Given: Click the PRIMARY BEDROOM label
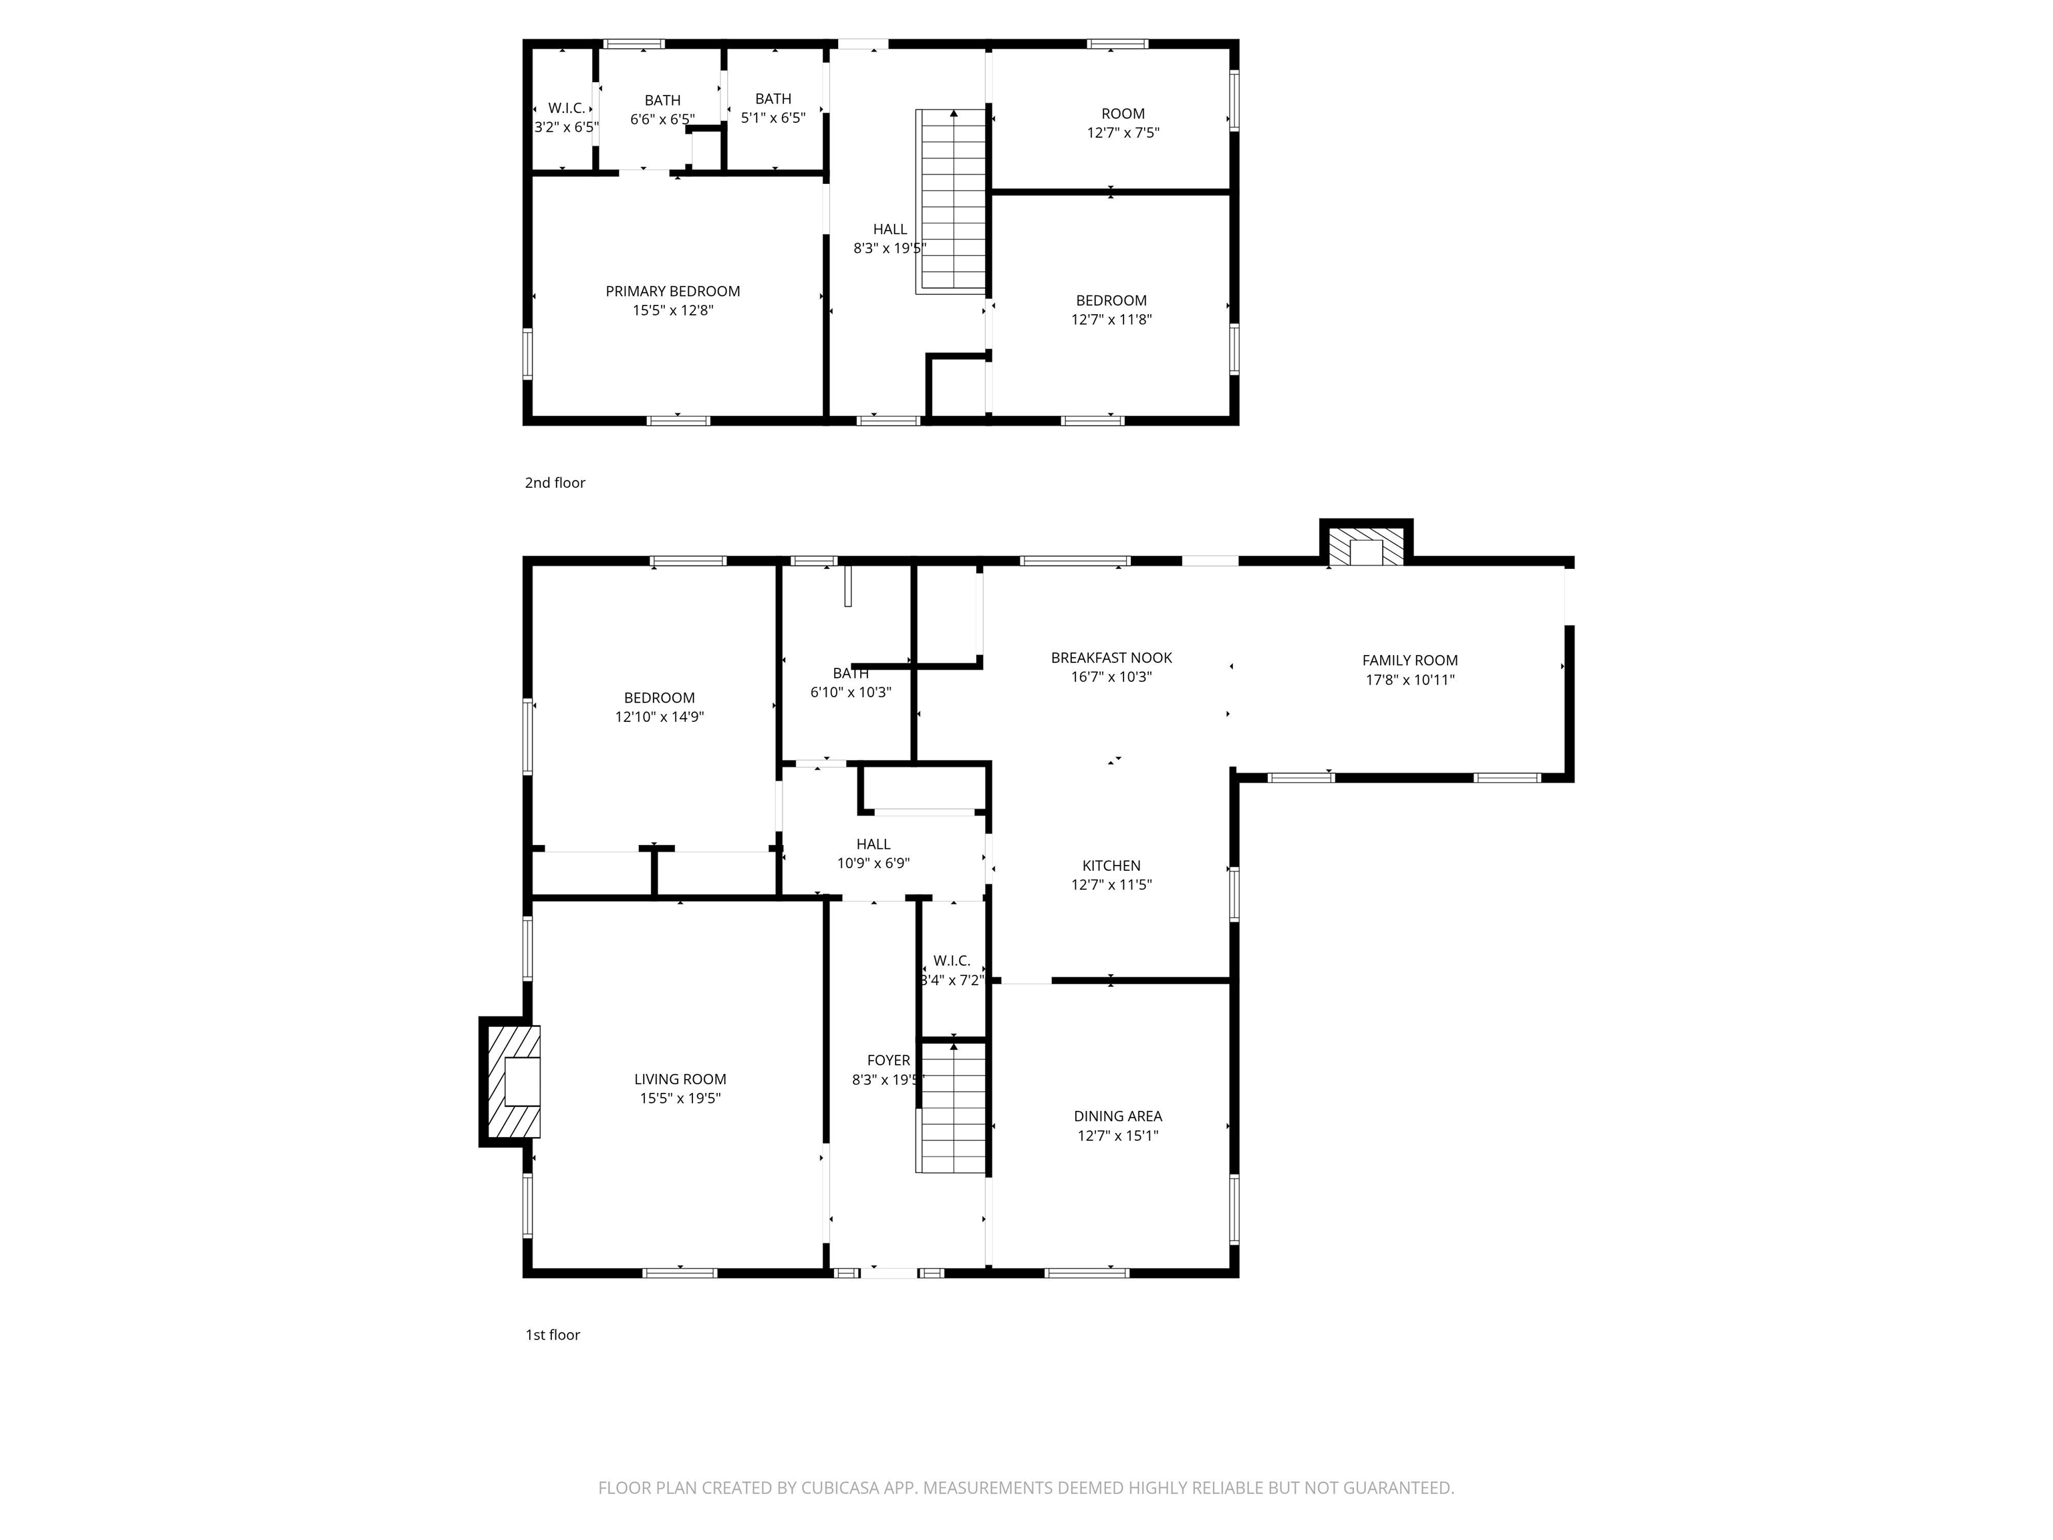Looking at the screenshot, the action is [x=673, y=291].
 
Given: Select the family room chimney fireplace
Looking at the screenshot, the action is [x=1366, y=543].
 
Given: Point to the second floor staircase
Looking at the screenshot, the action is [x=952, y=201].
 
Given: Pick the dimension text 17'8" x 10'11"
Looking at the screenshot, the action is [x=1410, y=680].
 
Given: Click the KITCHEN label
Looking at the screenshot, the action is [x=1111, y=866].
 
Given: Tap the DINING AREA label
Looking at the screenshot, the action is [x=1117, y=1117].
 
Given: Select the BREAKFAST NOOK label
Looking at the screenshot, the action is [x=1111, y=658].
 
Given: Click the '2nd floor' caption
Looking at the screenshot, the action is [x=555, y=483].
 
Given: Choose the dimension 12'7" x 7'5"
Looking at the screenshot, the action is [x=1123, y=133].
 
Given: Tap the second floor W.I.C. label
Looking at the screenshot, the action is [x=566, y=108].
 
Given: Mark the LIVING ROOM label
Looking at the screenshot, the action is [x=680, y=1079].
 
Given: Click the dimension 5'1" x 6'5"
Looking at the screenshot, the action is [x=773, y=118].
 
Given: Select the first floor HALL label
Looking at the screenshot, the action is [x=873, y=845].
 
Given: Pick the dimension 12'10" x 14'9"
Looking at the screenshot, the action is [x=660, y=717].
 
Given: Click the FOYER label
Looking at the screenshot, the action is [x=888, y=1060].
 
